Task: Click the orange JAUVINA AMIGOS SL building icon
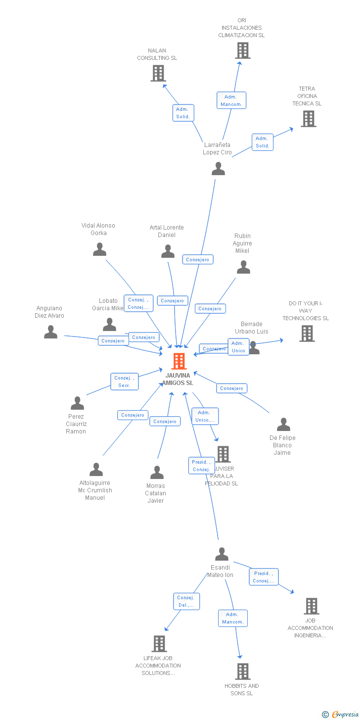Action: [179, 361]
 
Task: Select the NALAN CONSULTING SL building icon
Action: [158, 73]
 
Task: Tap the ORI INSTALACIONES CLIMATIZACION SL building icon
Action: [242, 50]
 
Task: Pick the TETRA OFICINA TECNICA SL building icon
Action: [309, 119]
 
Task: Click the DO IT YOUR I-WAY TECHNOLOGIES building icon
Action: [307, 334]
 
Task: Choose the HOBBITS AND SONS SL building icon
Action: [242, 672]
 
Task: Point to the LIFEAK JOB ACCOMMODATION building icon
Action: [159, 644]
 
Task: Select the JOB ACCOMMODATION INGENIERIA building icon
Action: [312, 606]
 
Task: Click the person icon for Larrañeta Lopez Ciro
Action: [218, 169]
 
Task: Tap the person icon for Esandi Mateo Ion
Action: [222, 554]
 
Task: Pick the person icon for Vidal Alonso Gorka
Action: [99, 249]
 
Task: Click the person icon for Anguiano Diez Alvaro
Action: [50, 332]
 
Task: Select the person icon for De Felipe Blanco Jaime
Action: [283, 425]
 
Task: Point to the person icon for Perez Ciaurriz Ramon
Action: [77, 403]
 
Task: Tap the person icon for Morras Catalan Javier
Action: [157, 473]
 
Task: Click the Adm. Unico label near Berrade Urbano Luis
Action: [238, 347]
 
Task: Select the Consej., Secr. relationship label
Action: [124, 382]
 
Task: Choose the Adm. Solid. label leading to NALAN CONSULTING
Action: [183, 113]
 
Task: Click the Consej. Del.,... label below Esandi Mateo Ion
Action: [186, 601]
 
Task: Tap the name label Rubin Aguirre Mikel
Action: [242, 243]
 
